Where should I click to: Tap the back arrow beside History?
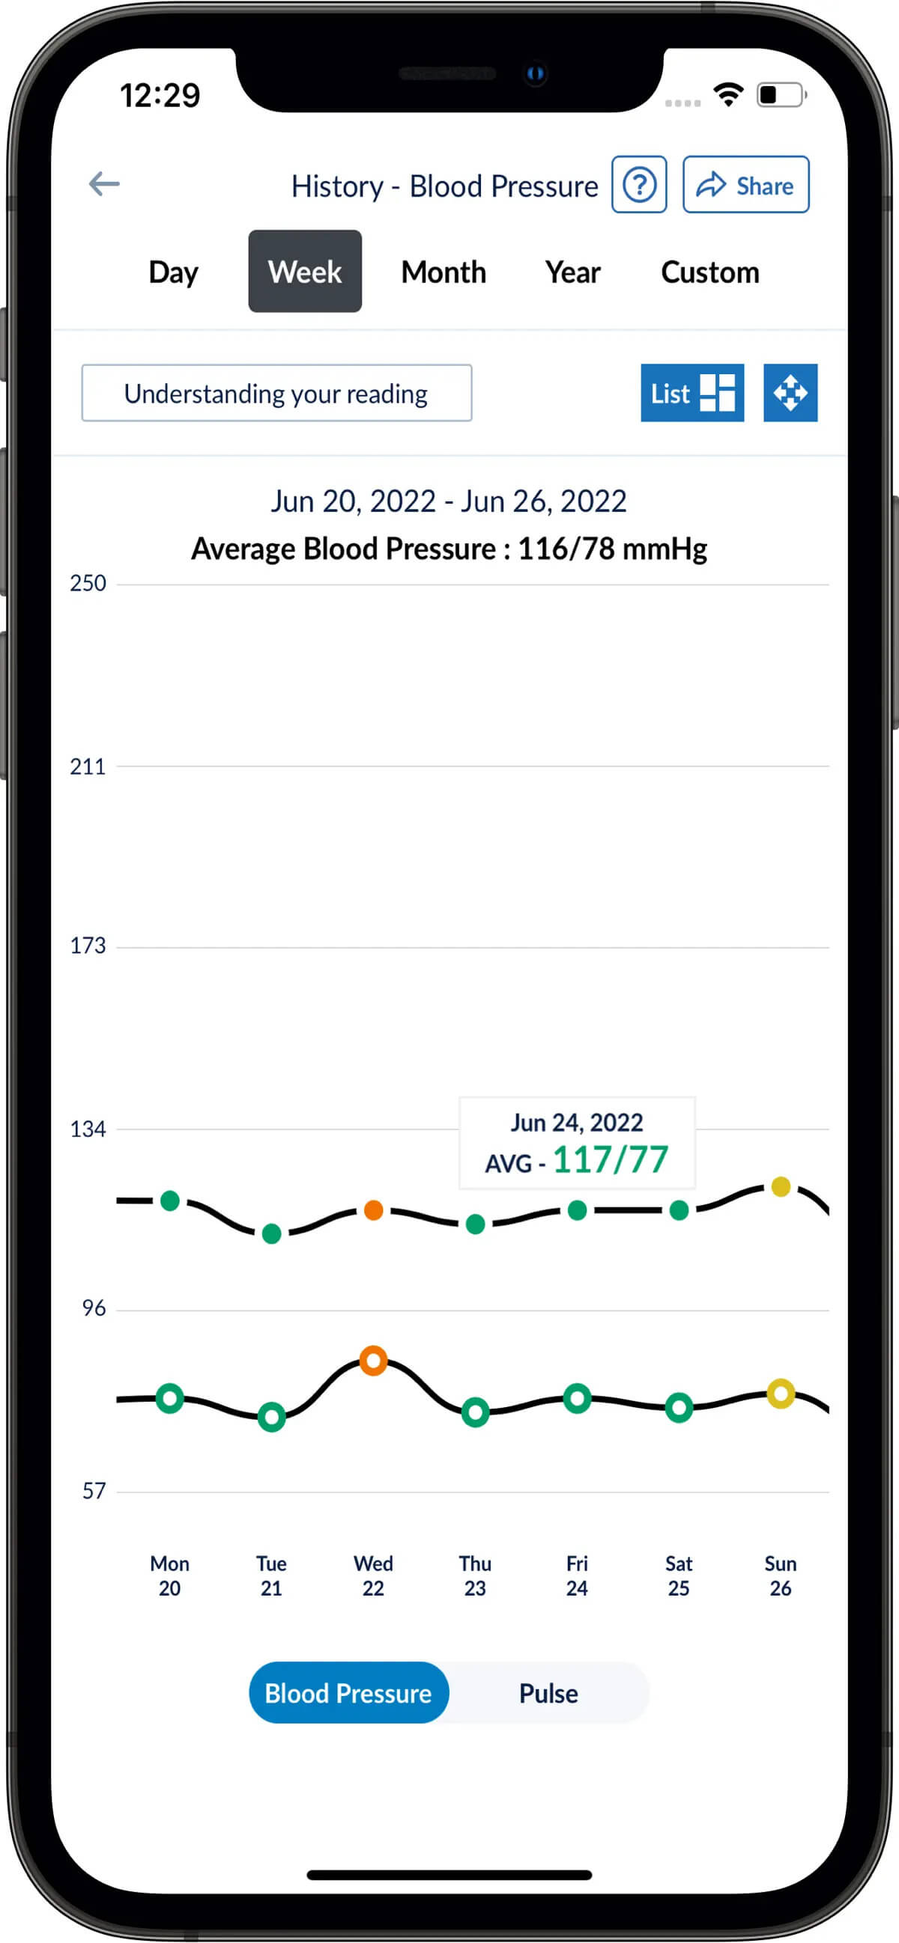pos(104,183)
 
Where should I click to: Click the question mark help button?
pos(638,185)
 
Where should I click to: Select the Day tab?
pos(173,272)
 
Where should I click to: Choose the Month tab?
pos(443,272)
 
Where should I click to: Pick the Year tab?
pos(572,272)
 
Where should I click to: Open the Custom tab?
pos(709,272)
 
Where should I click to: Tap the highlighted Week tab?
pos(305,272)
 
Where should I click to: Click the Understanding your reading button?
pos(276,393)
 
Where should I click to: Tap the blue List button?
pos(691,393)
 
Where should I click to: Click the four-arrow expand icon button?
pos(790,393)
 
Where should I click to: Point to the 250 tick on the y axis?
pos(88,583)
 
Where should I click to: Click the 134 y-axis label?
pos(88,1129)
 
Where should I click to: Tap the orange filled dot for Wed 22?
pos(374,1210)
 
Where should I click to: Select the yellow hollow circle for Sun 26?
pos(781,1393)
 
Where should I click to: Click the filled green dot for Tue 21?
pos(272,1233)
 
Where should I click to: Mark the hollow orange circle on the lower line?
pos(374,1361)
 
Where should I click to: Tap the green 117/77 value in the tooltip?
pos(610,1160)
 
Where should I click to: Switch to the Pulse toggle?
pos(548,1693)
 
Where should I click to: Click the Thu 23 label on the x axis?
pos(475,1575)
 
